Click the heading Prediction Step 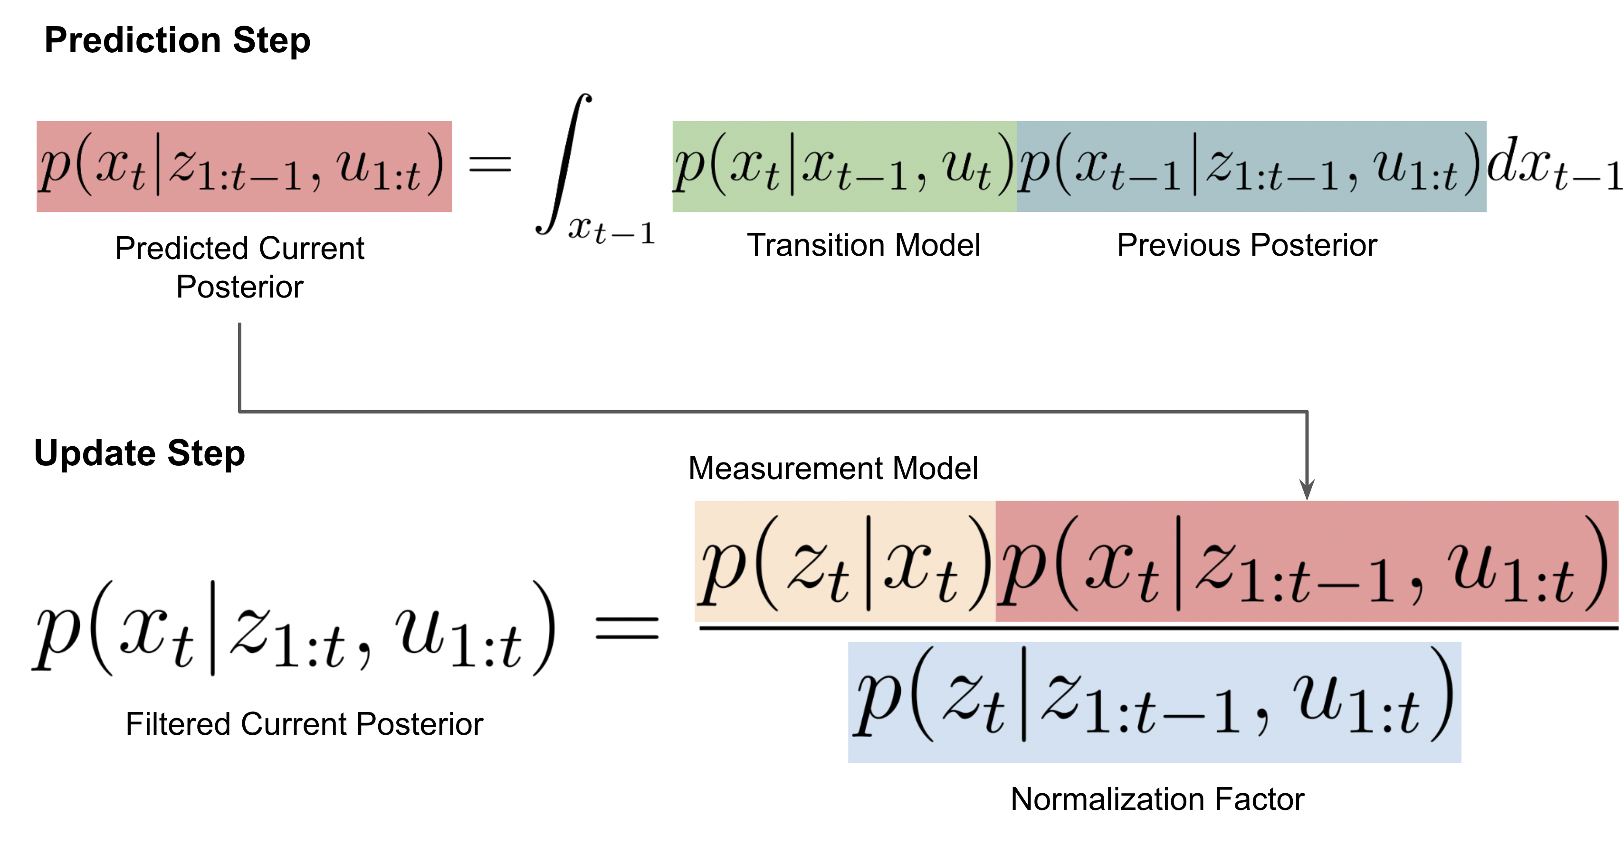(x=177, y=40)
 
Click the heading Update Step (x=139, y=453)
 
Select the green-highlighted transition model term (x=844, y=166)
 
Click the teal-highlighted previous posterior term (x=1251, y=166)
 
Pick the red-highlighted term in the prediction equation (x=244, y=166)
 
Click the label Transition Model (x=863, y=245)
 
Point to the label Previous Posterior (x=1247, y=245)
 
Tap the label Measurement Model (x=833, y=468)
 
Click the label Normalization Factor (x=1157, y=799)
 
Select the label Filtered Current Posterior (x=304, y=724)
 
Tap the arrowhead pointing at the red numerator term (x=1308, y=490)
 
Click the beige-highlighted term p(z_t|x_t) (x=845, y=561)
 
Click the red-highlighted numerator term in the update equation (x=1306, y=561)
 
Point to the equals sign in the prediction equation (x=490, y=165)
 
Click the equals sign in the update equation (x=627, y=628)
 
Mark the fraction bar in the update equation (x=1158, y=628)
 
